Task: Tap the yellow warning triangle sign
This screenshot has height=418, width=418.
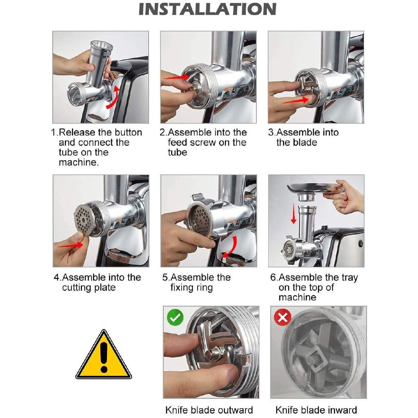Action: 104,354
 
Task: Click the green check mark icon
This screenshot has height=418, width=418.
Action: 175,317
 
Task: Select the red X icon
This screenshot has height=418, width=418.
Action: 282,317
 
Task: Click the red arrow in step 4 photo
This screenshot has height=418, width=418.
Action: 70,245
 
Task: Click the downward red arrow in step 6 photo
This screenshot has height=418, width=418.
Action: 293,213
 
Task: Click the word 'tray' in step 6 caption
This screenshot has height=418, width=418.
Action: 349,278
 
